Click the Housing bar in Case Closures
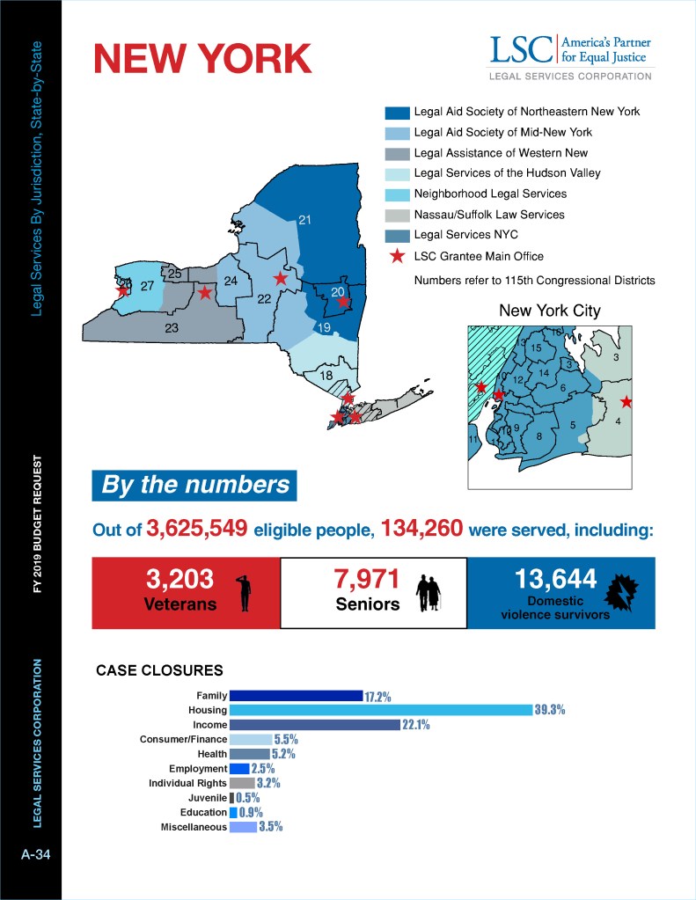(380, 710)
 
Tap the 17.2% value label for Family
(377, 696)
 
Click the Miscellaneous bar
(243, 827)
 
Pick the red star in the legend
(397, 256)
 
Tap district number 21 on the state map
(305, 220)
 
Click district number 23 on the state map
(172, 328)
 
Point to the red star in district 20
(344, 302)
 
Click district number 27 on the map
(147, 286)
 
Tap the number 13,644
(557, 580)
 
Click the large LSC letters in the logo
(520, 50)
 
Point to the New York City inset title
(550, 311)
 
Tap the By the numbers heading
(194, 485)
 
